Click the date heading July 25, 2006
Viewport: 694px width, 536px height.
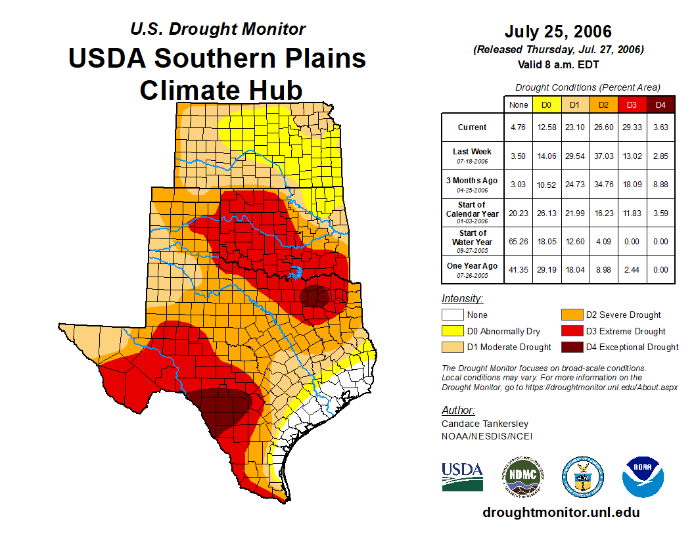pos(558,32)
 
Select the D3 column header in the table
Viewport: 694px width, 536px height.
pos(632,104)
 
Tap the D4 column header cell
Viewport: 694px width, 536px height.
pos(660,104)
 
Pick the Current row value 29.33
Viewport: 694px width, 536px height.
pos(632,127)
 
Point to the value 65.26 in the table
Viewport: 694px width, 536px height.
pos(519,241)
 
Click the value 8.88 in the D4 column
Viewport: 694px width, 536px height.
pos(660,184)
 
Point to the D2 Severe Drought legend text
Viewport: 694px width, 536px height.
pos(623,315)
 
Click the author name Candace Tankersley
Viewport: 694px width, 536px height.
pos(484,424)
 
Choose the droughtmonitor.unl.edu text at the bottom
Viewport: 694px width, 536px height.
pos(561,512)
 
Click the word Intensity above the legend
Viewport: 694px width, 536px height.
pos(462,299)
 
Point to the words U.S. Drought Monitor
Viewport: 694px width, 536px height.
pos(218,30)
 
